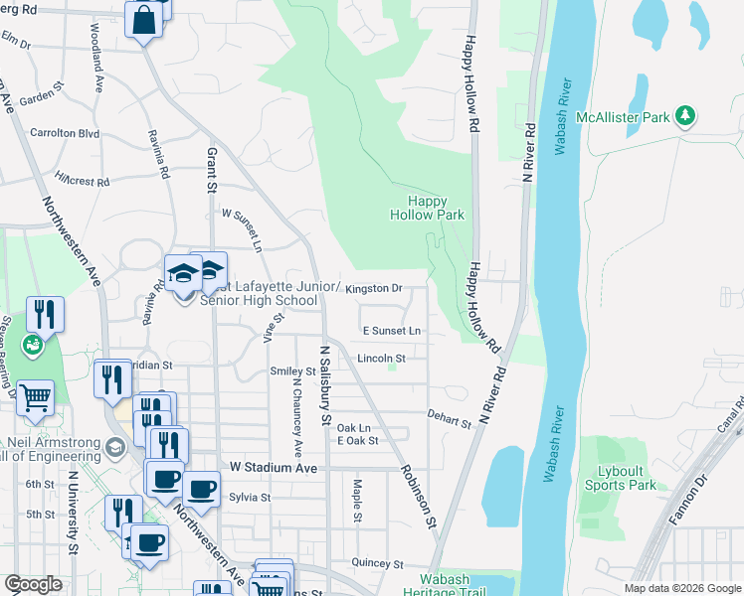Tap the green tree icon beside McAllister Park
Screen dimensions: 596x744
684,117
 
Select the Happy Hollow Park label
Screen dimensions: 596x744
427,207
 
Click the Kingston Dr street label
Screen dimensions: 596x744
375,288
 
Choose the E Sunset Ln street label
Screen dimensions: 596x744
391,330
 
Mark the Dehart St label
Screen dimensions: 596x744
449,422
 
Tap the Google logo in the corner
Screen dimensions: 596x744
33,584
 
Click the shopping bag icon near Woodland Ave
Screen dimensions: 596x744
144,19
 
